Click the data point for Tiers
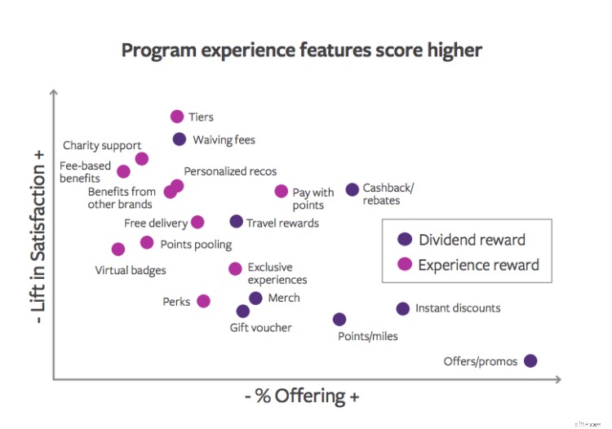pos(177,117)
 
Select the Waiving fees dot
pos(180,139)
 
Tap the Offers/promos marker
pos(530,360)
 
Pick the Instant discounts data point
pos(403,308)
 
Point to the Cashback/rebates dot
pos(352,189)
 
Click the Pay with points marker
pos(281,192)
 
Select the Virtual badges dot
pos(118,249)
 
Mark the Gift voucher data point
pos(242,311)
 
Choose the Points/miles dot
pos(339,319)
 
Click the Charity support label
pos(102,146)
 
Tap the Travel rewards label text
pos(282,223)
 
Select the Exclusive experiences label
pos(277,273)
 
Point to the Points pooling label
pos(196,244)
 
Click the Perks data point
pos(203,301)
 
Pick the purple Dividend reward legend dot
pos(403,240)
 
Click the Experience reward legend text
pos(478,265)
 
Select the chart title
pos(302,50)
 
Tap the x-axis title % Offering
pos(302,396)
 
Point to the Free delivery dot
pos(197,223)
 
